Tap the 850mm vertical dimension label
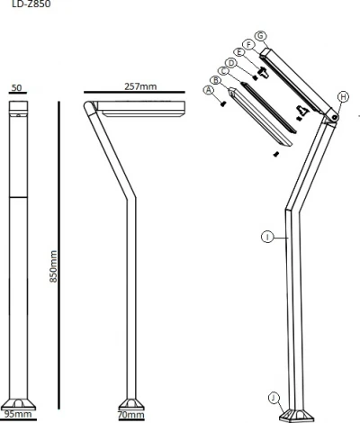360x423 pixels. click(53, 266)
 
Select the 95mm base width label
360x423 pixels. click(17, 415)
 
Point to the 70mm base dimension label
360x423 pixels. click(130, 415)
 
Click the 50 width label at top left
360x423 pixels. click(17, 89)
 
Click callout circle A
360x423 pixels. click(209, 90)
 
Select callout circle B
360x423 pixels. click(216, 80)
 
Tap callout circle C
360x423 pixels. click(224, 70)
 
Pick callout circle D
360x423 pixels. click(231, 63)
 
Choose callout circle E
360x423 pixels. click(240, 53)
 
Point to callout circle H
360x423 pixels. click(343, 96)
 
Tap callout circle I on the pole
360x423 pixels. click(266, 236)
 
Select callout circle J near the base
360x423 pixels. click(274, 397)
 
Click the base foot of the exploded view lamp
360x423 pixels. click(296, 413)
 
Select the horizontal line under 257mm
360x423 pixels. click(135, 94)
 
